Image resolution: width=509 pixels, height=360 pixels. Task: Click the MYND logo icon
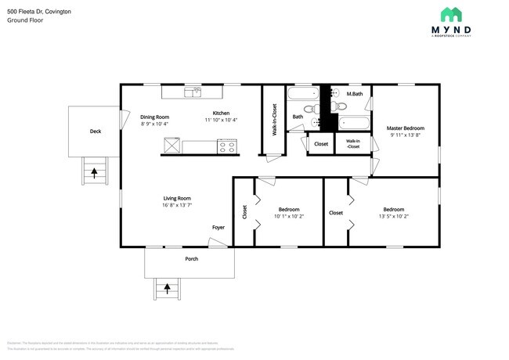point(451,15)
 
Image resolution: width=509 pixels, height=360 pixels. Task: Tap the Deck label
point(95,131)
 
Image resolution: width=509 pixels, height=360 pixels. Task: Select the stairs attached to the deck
point(94,170)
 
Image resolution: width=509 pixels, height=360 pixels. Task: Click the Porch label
point(191,258)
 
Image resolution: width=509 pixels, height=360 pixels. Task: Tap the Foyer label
point(218,228)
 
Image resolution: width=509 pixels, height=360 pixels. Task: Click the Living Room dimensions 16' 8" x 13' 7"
point(177,206)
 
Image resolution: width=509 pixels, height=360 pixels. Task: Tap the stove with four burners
point(227,146)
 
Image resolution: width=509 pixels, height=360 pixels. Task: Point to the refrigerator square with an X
point(171,145)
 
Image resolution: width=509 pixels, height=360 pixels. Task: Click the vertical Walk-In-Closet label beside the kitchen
point(274,120)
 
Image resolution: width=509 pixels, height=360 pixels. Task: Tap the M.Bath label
point(355,94)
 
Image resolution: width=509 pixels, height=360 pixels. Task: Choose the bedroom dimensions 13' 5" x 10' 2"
point(394,217)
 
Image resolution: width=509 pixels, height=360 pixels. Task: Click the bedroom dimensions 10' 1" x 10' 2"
point(289,217)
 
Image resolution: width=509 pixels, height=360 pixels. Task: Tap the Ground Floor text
point(25,20)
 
